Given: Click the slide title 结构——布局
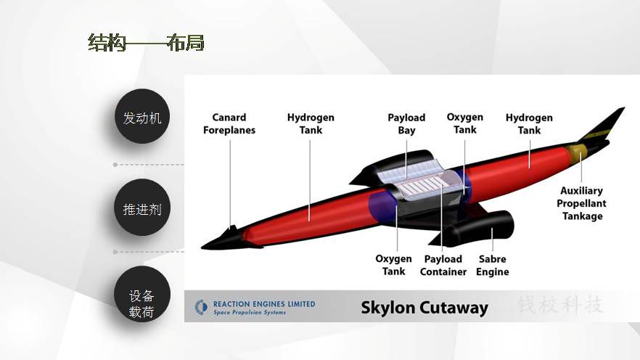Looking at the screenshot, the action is point(146,42).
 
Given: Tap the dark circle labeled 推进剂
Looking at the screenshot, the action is point(142,208).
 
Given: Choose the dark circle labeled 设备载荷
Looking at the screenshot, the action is point(142,295).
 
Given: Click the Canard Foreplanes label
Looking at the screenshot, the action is point(229,123).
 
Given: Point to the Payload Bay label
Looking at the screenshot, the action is point(406,123).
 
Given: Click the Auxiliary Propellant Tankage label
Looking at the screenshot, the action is point(581,203).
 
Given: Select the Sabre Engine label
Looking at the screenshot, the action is point(492,266).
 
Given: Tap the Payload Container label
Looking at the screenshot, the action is point(443,266).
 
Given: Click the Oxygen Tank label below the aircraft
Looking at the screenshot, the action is point(393,265).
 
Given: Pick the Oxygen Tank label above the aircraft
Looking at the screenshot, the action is point(465,123).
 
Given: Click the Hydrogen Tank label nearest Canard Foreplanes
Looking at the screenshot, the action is point(311,123).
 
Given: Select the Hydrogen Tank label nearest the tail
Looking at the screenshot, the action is point(529,123).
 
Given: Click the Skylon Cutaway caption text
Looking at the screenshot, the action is point(424,307).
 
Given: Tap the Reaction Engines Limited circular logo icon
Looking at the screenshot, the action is point(201,307).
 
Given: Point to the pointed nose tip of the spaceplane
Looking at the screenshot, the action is point(202,247).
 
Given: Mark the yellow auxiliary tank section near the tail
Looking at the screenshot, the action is point(576,152).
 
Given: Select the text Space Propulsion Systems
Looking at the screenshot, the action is point(250,312).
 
